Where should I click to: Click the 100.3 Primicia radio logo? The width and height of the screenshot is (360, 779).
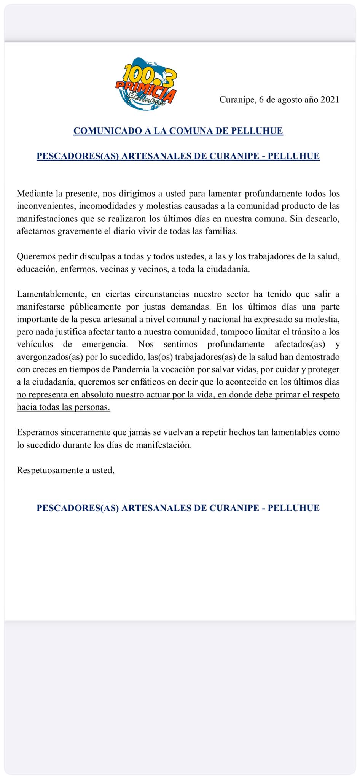pos(146,84)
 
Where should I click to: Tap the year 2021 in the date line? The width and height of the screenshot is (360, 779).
pos(330,100)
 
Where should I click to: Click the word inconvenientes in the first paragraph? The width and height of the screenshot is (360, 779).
pos(45,206)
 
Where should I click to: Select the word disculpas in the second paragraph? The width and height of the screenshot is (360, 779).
pos(95,256)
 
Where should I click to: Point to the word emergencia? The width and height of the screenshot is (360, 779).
pos(105,344)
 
